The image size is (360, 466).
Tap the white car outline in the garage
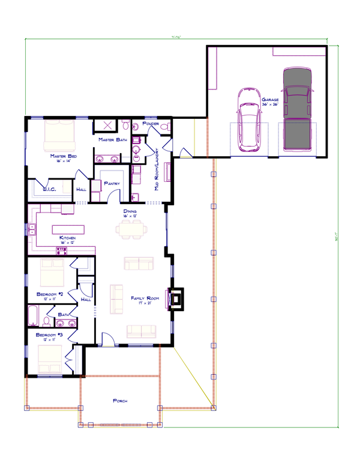(250, 120)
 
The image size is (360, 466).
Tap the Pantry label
(112, 184)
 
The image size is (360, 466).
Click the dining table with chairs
(131, 228)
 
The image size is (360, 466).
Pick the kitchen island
(68, 229)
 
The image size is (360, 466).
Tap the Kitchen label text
(67, 238)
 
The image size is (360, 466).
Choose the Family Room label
(143, 298)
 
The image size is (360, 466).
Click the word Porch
(120, 401)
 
